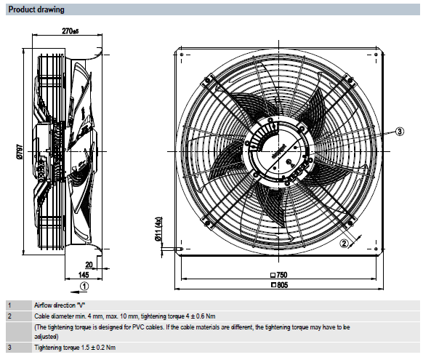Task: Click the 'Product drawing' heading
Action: pos(36,9)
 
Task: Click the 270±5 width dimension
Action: pos(70,31)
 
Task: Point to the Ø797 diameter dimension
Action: pos(20,152)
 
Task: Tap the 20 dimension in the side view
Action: pos(89,265)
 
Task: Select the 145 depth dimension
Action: pos(84,275)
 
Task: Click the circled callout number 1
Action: pos(84,286)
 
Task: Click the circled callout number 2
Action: pos(344,244)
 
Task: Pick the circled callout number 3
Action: pos(400,132)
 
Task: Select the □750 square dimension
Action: pos(278,275)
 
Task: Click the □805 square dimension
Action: pos(279,284)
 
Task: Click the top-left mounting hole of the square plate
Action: pos(182,55)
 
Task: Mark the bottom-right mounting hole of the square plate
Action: pos(376,249)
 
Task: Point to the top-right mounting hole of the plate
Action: pos(376,55)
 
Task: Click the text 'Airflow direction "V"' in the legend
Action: pos(60,305)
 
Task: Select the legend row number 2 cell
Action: pos(19,316)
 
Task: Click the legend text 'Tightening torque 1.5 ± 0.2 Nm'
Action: pos(75,348)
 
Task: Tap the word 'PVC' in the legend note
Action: pos(137,327)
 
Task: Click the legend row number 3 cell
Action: pos(19,348)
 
